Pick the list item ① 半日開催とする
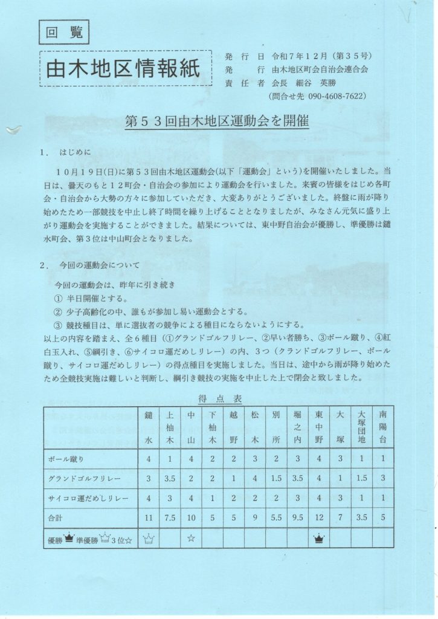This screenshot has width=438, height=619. (91, 299)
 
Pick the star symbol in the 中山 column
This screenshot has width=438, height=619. (191, 537)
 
